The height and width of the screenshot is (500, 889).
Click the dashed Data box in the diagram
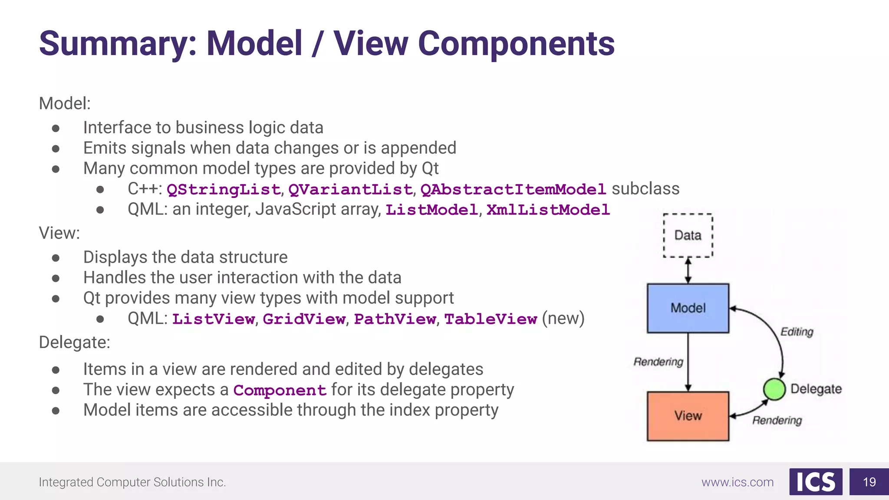click(688, 235)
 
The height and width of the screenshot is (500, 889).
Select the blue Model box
click(688, 308)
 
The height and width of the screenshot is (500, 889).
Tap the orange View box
click(688, 416)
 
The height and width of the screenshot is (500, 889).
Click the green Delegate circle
click(774, 389)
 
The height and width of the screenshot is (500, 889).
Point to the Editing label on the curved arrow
click(797, 332)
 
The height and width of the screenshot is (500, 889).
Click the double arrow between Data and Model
click(688, 270)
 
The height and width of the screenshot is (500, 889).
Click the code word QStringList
click(224, 190)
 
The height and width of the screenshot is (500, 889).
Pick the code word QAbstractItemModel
click(513, 190)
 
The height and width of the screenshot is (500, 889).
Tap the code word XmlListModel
click(548, 210)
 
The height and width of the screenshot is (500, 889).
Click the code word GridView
click(304, 319)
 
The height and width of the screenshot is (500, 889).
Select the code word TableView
click(491, 319)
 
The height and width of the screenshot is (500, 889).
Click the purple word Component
click(280, 391)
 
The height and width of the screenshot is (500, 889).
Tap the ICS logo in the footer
click(816, 482)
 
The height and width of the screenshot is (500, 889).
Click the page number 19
click(869, 482)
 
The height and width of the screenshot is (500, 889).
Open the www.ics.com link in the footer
click(738, 482)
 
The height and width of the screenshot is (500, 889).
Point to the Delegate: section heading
click(74, 342)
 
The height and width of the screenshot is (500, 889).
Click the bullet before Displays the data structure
click(56, 258)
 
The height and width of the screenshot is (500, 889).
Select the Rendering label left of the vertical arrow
click(658, 362)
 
